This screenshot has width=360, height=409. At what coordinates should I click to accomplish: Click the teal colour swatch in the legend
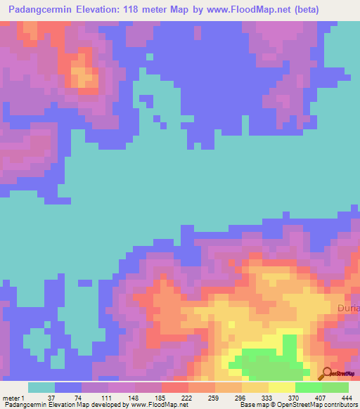click(x=41, y=387)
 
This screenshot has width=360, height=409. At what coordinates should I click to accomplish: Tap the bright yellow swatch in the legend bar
click(x=281, y=387)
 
